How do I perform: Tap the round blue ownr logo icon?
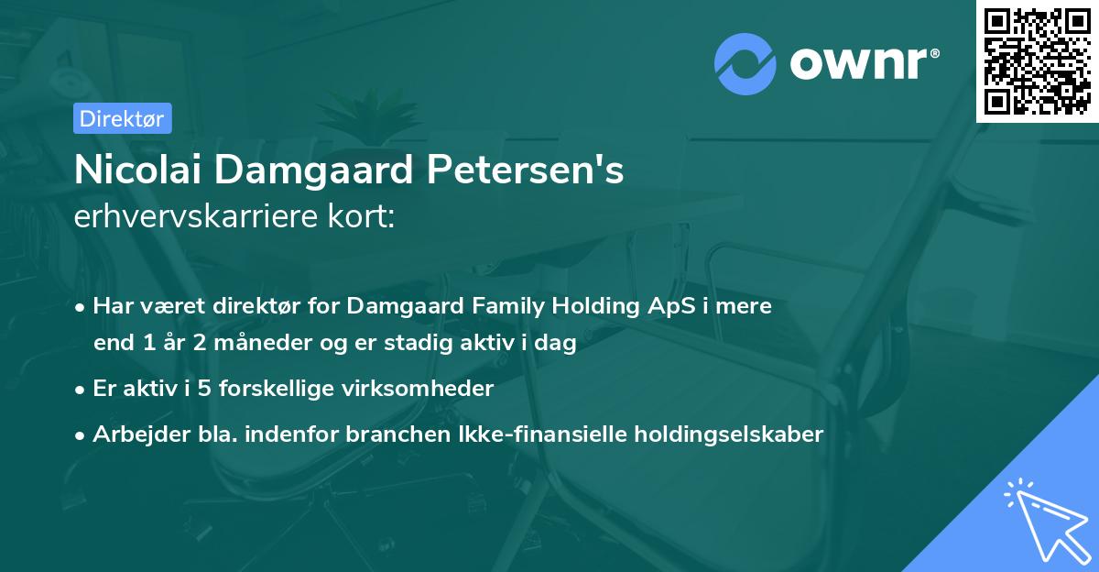[x=745, y=63]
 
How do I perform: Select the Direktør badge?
[x=121, y=118]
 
